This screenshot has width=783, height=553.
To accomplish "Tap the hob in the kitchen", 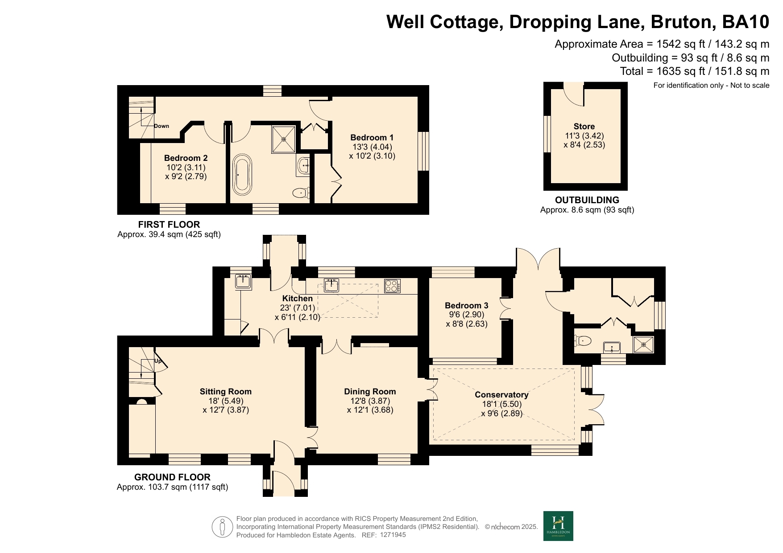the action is [x=392, y=286].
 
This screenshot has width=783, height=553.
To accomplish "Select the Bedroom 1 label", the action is [x=372, y=138].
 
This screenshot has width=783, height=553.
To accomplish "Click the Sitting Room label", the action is [x=225, y=392].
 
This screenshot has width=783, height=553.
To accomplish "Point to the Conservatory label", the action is [x=501, y=395].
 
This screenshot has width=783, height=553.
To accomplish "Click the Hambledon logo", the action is [x=558, y=526].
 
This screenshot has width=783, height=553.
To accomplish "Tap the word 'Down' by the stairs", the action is [x=162, y=126].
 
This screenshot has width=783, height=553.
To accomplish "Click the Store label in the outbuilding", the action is [x=584, y=127].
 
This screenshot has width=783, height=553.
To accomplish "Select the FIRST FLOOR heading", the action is [x=169, y=225].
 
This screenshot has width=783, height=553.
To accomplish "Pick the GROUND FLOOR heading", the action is [x=172, y=477].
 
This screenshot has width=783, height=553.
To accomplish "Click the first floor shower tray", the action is [x=283, y=139].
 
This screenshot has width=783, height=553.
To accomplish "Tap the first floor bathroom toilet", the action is [x=301, y=193].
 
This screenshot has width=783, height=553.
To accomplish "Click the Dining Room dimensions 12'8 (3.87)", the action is [x=370, y=401].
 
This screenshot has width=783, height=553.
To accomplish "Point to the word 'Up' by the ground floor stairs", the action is [x=158, y=361].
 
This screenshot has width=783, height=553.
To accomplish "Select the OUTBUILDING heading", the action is [x=587, y=200].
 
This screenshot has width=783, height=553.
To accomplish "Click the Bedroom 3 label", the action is [x=466, y=306].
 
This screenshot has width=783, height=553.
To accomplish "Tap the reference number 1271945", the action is [x=393, y=535].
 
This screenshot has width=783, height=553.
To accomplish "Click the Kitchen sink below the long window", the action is [x=331, y=285].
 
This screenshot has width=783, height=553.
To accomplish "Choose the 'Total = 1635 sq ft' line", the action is [x=695, y=71].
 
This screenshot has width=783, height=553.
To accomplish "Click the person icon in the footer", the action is [x=222, y=527].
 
